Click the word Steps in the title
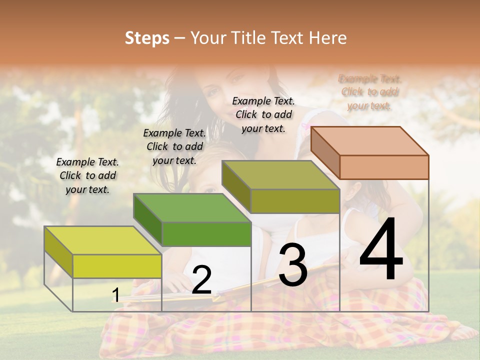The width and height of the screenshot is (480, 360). pos(147,38)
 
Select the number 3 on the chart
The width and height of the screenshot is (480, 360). pos(292,265)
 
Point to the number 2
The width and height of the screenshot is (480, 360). pos(201,280)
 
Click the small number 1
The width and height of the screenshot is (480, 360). pos(115,295)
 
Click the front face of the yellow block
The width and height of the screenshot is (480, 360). pos(117,266)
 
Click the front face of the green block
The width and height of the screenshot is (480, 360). pos(206,234)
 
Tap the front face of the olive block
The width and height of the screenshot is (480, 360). pos(295,201)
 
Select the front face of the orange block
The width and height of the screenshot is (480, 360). pos(384,167)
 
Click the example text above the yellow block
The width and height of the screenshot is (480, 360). pos(87,176)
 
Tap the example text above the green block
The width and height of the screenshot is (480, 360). pos(174,147)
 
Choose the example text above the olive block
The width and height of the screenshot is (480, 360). pos(263,114)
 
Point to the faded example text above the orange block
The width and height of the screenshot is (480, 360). pos(369,92)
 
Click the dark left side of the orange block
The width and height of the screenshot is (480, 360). pos(325,152)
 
